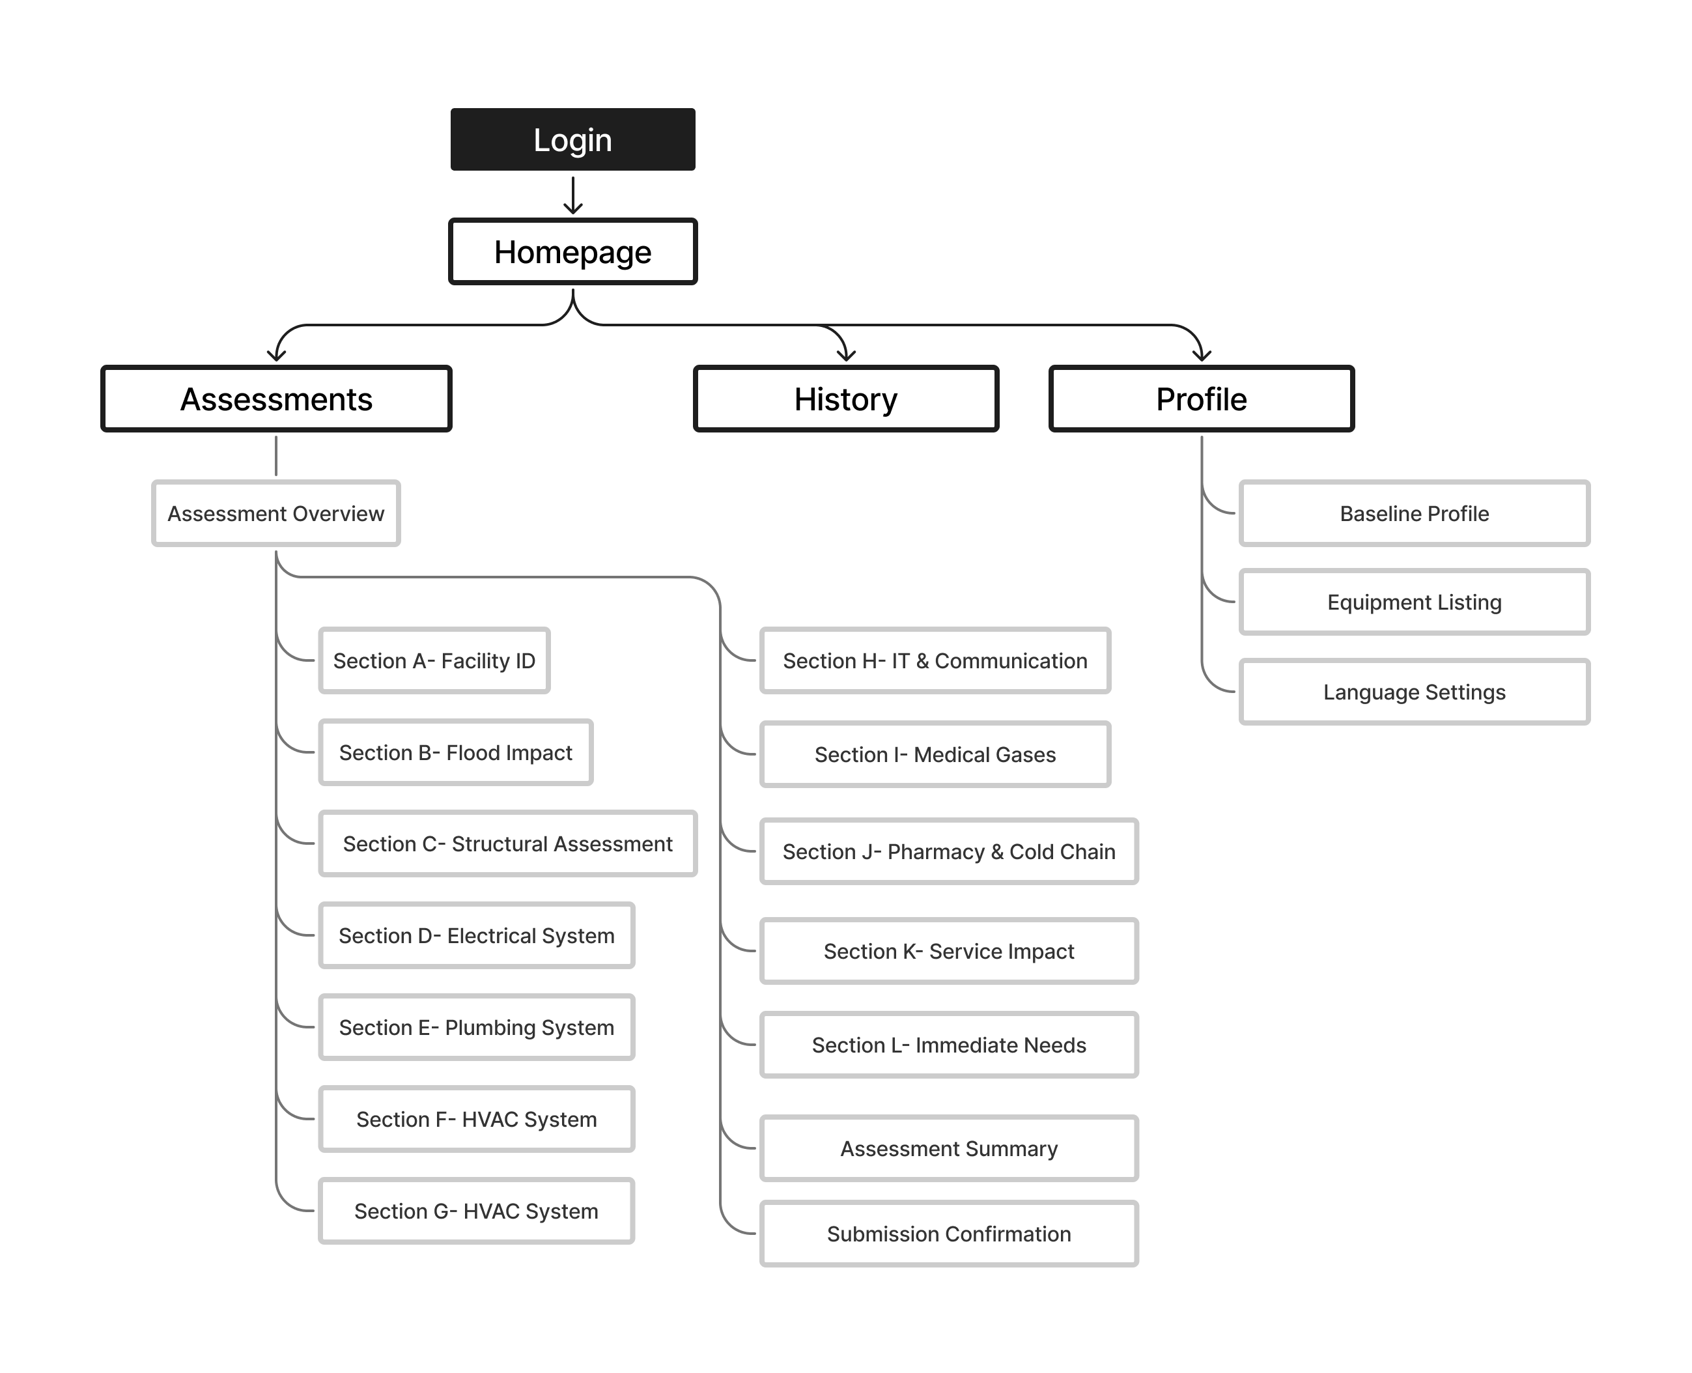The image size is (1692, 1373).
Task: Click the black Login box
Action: point(572,139)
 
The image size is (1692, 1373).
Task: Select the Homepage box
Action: point(572,251)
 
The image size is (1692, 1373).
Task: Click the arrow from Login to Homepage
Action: point(572,195)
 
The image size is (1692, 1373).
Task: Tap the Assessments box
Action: point(276,399)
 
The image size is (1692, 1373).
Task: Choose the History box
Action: point(845,399)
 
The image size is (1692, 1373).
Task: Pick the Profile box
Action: point(1201,399)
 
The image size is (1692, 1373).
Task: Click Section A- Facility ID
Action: point(434,660)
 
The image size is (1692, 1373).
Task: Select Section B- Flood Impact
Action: point(455,752)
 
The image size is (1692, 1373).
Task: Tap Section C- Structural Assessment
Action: point(507,844)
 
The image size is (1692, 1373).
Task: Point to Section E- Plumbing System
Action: point(476,1027)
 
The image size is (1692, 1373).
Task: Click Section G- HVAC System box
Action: point(476,1211)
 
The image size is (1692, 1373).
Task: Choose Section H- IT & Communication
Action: point(935,660)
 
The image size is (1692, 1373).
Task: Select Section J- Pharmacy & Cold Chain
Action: point(949,852)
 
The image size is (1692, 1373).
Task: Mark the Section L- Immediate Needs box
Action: point(949,1045)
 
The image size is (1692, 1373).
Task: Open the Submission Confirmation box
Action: point(949,1234)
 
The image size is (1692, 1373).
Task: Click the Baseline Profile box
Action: point(1414,513)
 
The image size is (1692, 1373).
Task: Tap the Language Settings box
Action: point(1414,692)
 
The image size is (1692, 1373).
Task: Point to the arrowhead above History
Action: point(846,355)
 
